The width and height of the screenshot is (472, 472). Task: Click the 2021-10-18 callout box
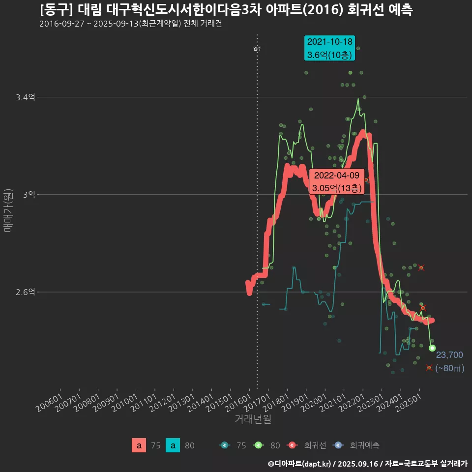pos(329,48)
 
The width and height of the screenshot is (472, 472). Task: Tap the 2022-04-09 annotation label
pos(337,181)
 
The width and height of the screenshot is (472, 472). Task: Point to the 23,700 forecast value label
pos(449,355)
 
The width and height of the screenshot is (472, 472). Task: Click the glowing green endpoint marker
pos(432,348)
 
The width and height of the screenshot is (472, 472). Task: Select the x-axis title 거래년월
pos(253,419)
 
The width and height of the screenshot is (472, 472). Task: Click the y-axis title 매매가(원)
pos(8,210)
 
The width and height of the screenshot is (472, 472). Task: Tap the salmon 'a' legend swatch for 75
pos(139,445)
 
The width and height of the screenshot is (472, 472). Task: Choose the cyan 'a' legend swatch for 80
pos(173,445)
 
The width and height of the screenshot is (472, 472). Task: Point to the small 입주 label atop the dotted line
pos(257,48)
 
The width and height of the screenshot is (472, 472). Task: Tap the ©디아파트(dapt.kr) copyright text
pos(300,463)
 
